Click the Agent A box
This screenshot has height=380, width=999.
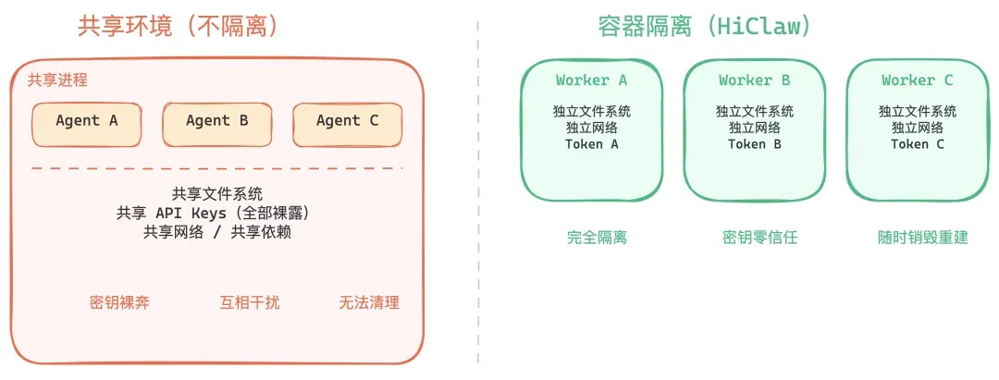(x=87, y=122)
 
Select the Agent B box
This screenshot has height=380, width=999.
(x=217, y=122)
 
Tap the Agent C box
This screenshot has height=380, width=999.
(x=348, y=122)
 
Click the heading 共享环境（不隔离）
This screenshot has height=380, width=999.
(x=179, y=27)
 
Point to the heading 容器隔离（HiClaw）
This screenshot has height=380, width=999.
(x=706, y=27)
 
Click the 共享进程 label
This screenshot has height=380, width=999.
(x=57, y=80)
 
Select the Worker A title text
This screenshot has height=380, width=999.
(x=592, y=80)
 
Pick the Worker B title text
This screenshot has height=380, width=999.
(x=755, y=80)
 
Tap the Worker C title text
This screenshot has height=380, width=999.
(x=918, y=80)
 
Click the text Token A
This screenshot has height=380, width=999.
(x=592, y=144)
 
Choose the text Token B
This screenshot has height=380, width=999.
(x=755, y=144)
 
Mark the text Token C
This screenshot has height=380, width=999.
(x=918, y=144)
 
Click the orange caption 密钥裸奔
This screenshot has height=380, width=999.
(x=119, y=302)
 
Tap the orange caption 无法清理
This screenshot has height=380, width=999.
(x=369, y=302)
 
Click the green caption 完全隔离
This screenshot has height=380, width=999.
(x=597, y=238)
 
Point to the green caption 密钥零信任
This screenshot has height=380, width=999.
(x=759, y=238)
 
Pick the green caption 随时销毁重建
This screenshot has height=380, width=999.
(x=922, y=238)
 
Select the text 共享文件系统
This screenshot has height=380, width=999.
(x=217, y=194)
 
